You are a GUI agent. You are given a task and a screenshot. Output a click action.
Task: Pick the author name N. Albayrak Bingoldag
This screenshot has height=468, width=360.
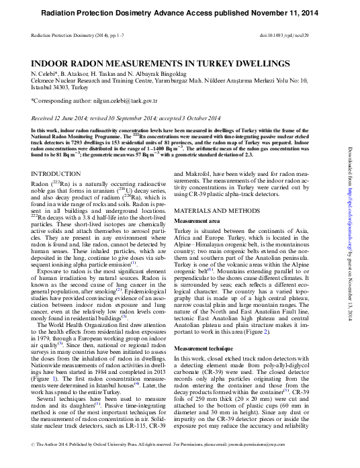pos(140,72)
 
